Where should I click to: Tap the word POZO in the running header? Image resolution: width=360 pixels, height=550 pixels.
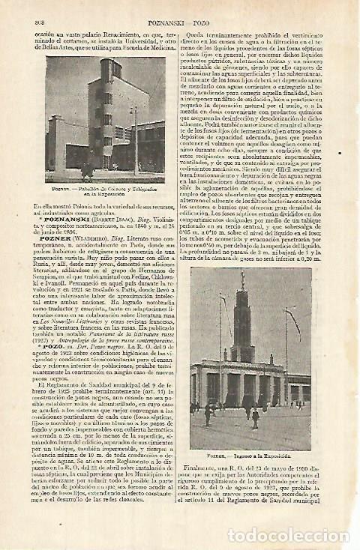pyautogui.click(x=202, y=7)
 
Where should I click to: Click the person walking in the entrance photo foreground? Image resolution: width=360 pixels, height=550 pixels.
pyautogui.click(x=255, y=414)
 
